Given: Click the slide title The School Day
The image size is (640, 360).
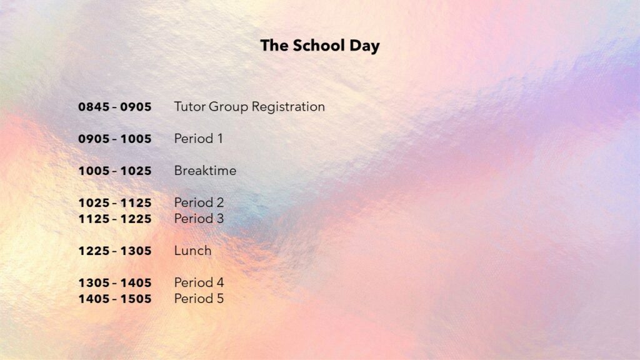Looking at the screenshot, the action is [x=320, y=46].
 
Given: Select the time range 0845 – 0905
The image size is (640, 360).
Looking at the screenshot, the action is [x=115, y=107].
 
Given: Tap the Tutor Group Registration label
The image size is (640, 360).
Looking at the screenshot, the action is [x=249, y=107].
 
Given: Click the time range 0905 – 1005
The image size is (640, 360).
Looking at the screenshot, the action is [x=115, y=139].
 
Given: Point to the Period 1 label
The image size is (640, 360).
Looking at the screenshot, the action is [x=198, y=139].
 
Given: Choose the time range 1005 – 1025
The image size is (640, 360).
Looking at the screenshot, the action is [x=115, y=171].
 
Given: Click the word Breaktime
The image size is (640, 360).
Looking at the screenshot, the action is [x=205, y=171].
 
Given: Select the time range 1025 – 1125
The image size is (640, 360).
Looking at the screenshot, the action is [x=115, y=203].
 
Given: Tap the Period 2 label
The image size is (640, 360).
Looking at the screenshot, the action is [x=199, y=202].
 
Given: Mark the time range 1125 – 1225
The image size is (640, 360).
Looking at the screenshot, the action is [x=115, y=219].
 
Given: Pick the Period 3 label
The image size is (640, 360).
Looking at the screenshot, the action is [x=199, y=219].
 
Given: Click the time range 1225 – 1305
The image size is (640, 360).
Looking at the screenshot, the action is [x=115, y=251].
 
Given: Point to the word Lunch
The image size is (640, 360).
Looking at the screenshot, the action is [x=192, y=251].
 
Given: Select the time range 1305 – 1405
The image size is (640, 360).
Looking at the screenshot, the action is [x=115, y=283].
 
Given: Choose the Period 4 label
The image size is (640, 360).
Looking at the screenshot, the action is [x=199, y=282].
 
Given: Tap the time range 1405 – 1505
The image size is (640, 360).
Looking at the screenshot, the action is [x=115, y=299].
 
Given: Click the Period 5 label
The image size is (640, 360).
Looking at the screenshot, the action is [x=199, y=299].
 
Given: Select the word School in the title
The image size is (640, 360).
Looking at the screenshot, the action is [x=319, y=45].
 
